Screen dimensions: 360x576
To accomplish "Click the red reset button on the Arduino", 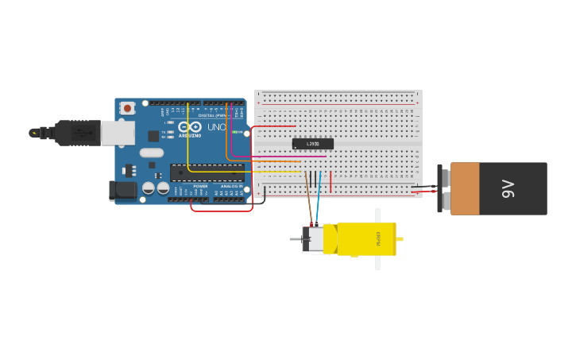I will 127,108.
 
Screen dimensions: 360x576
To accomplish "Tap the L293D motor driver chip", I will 312,144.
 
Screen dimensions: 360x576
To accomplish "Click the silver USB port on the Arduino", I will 118,133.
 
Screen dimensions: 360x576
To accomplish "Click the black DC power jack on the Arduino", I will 122,190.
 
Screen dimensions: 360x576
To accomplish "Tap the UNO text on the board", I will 216,127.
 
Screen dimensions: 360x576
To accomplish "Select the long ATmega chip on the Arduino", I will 207,172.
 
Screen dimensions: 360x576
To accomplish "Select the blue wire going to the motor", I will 318,203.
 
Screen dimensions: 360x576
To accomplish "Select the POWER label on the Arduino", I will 200,186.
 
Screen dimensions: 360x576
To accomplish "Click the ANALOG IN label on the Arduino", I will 231,186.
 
